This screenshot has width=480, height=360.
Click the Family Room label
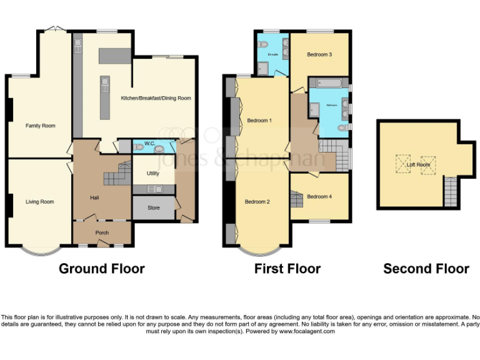tap(40, 126)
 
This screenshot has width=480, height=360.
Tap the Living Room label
tap(39, 202)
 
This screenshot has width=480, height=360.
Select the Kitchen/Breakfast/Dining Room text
tap(156, 98)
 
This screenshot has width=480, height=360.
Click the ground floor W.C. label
tap(149, 144)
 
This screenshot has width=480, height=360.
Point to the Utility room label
tap(152, 174)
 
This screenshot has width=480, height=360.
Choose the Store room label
tap(153, 207)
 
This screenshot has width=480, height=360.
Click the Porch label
tap(102, 232)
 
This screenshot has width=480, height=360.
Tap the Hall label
tap(94, 197)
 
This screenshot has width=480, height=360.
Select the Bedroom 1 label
tap(259, 120)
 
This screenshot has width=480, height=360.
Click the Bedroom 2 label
tap(257, 201)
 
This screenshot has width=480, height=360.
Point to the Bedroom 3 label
tap(319, 54)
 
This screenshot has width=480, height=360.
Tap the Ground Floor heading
tap(101, 269)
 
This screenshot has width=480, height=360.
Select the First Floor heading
tap(287, 269)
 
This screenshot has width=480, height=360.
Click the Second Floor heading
tap(426, 269)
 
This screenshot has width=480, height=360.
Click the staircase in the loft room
tap(450, 192)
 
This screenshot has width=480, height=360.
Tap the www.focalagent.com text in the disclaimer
tap(303, 331)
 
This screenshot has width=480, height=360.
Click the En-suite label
tap(272, 55)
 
